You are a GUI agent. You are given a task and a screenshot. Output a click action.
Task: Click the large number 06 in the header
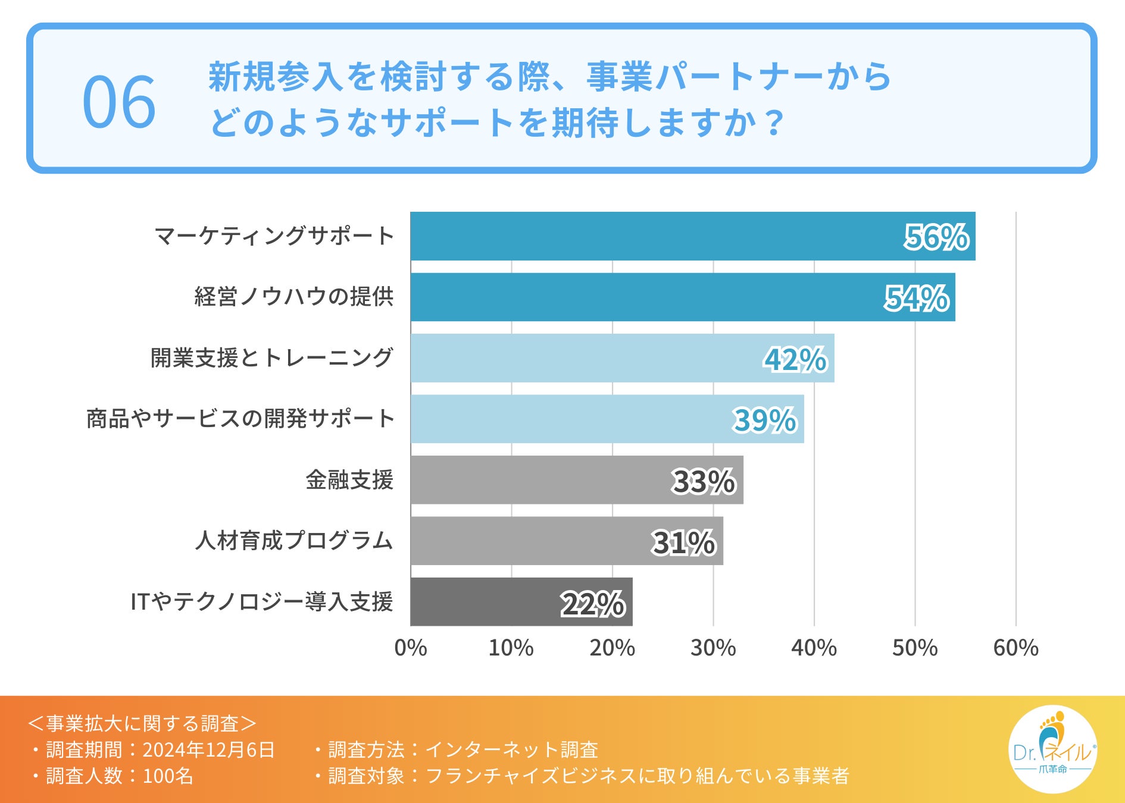point(119,102)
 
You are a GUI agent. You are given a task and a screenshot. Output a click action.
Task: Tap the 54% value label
point(917,298)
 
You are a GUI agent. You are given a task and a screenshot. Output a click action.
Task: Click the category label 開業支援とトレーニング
point(271,358)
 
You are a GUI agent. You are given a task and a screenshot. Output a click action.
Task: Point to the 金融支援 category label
point(349,480)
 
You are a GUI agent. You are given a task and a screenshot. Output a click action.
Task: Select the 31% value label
point(683,542)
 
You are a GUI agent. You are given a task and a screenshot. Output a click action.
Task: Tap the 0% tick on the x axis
point(411,648)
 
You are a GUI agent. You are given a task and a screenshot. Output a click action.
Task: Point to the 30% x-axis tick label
point(713,648)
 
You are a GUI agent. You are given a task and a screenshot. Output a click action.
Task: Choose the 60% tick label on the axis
point(1015,648)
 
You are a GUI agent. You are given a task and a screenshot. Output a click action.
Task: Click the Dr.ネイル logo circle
point(1052,749)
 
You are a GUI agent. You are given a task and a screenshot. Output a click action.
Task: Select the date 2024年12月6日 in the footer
point(208,750)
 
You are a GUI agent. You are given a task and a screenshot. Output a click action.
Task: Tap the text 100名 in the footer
point(168,776)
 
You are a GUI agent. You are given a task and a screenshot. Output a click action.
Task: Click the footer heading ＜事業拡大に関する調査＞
point(142,724)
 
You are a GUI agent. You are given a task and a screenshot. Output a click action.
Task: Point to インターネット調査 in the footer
point(512,750)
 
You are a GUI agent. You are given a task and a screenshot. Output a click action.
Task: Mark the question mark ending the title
point(774,123)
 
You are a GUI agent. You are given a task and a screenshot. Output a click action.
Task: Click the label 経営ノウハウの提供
point(294,297)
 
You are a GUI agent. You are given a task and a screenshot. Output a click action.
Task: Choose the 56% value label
point(936,237)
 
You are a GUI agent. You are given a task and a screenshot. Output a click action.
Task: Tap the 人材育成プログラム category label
point(294,541)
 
